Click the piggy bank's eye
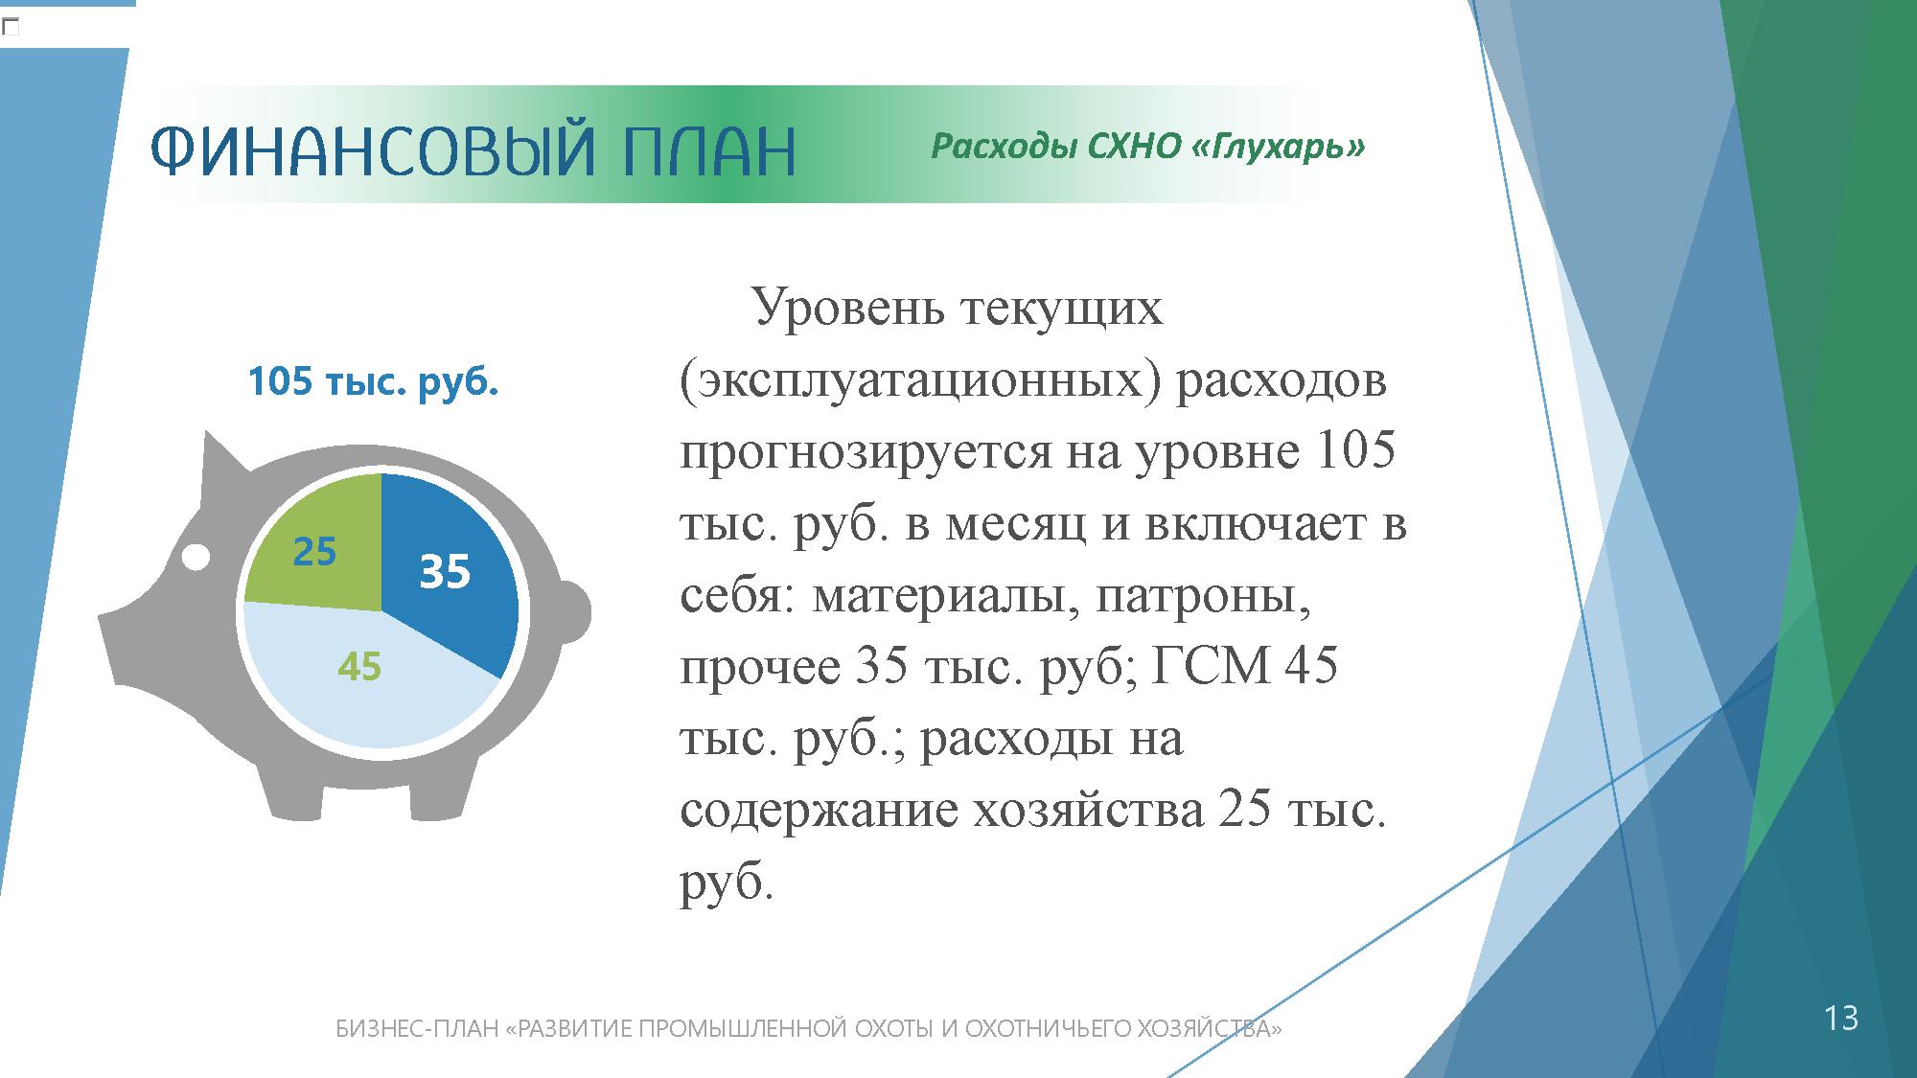pos(196,557)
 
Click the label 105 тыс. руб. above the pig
pos(373,382)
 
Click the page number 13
pos(1840,1018)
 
